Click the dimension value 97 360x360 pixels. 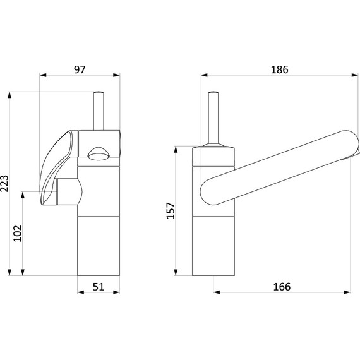pyautogui.click(x=80, y=69)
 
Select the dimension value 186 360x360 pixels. pyautogui.click(x=279, y=69)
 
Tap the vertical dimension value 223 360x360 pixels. pyautogui.click(x=5, y=183)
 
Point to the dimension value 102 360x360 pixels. pyautogui.click(x=18, y=233)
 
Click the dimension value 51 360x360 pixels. pyautogui.click(x=99, y=287)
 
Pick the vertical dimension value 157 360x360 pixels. pyautogui.click(x=171, y=211)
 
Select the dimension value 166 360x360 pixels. pyautogui.click(x=282, y=287)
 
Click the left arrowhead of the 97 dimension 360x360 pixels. pyautogui.click(x=43, y=75)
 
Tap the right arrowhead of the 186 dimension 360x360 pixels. pyautogui.click(x=355, y=75)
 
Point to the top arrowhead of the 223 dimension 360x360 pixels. pyautogui.click(x=9, y=95)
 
